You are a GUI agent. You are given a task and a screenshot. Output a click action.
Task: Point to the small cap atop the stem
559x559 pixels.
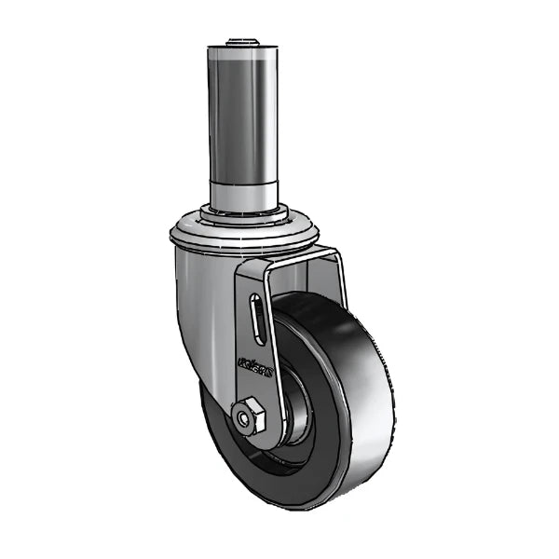coord(240,43)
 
